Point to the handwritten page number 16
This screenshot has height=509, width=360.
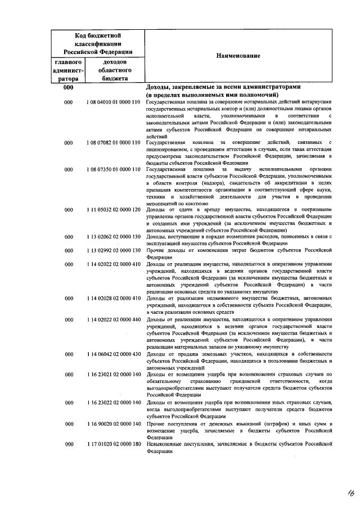point(350,493)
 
